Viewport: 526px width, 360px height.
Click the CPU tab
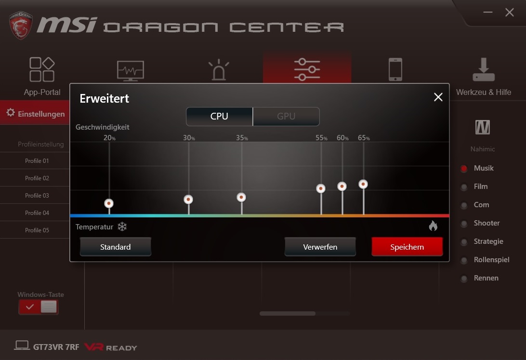tap(219, 117)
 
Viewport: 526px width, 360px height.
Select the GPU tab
tap(286, 117)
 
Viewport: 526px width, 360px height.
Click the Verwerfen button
tap(320, 247)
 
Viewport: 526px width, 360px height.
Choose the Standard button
tap(116, 247)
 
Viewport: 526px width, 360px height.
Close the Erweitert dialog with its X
tap(438, 97)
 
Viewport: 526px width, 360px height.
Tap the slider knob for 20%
tap(109, 203)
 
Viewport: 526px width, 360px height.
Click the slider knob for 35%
tap(241, 197)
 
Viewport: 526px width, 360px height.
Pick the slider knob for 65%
tap(363, 184)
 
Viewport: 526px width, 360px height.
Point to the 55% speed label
tap(321, 138)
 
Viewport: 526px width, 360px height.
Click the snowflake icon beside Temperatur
tap(122, 227)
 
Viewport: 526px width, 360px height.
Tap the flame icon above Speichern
tap(433, 226)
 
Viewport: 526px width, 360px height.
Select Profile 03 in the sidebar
tap(37, 196)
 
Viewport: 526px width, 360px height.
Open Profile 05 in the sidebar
tap(37, 230)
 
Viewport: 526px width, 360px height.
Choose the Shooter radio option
tap(464, 224)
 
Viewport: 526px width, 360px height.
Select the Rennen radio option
tap(464, 279)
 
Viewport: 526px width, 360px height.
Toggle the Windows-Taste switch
tap(38, 307)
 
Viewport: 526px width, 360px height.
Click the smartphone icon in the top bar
tap(395, 69)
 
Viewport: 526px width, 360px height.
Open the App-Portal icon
tap(42, 69)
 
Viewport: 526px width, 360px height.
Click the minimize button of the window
tap(488, 13)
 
